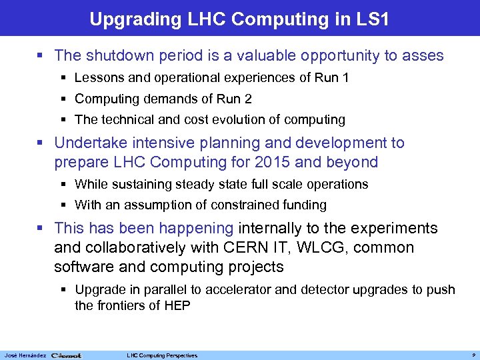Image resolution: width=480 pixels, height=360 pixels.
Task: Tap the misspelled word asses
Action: (424, 56)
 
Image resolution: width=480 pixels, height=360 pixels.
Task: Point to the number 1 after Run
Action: (345, 78)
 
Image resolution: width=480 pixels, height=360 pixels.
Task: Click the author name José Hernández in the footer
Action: (25, 355)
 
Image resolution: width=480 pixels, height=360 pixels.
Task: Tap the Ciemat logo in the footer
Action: (66, 355)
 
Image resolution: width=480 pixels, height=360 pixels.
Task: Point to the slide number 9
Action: (471, 355)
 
